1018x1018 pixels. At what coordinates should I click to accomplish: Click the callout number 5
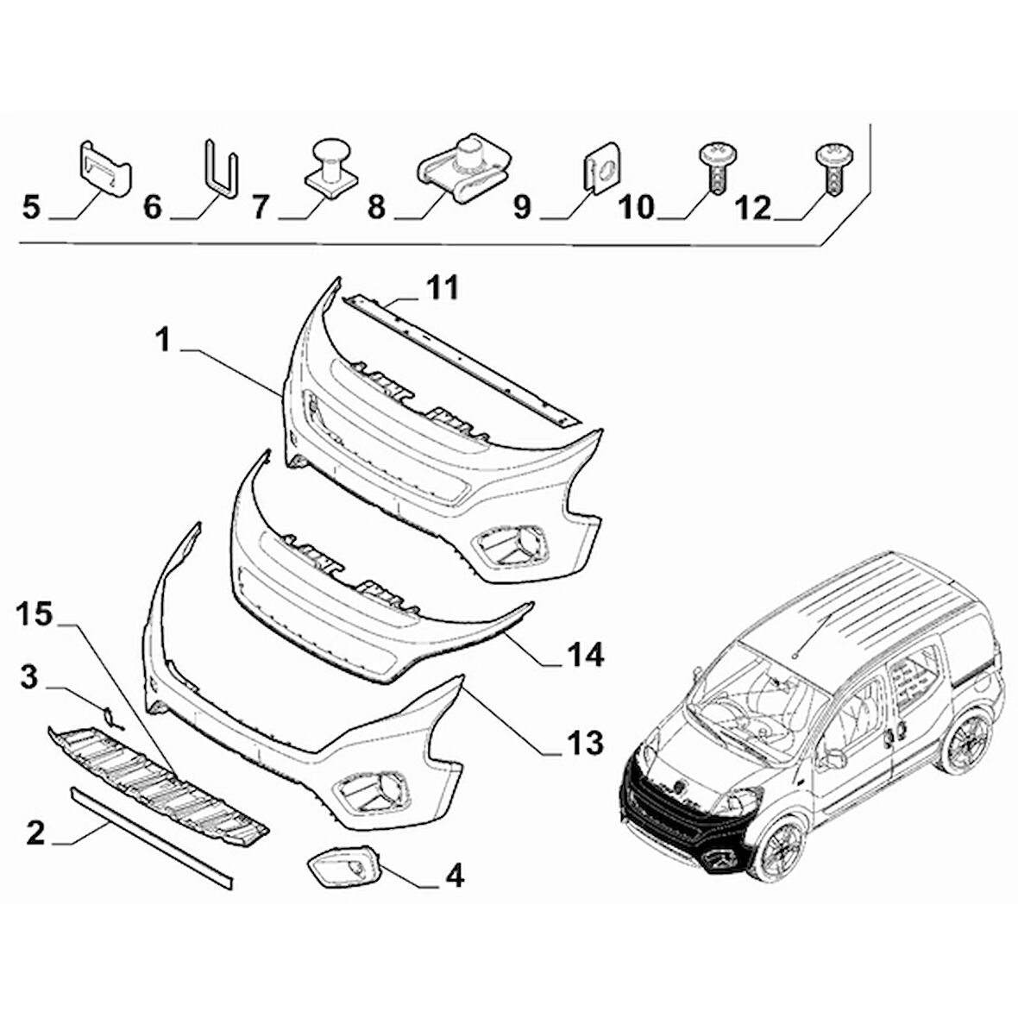click(x=31, y=208)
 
